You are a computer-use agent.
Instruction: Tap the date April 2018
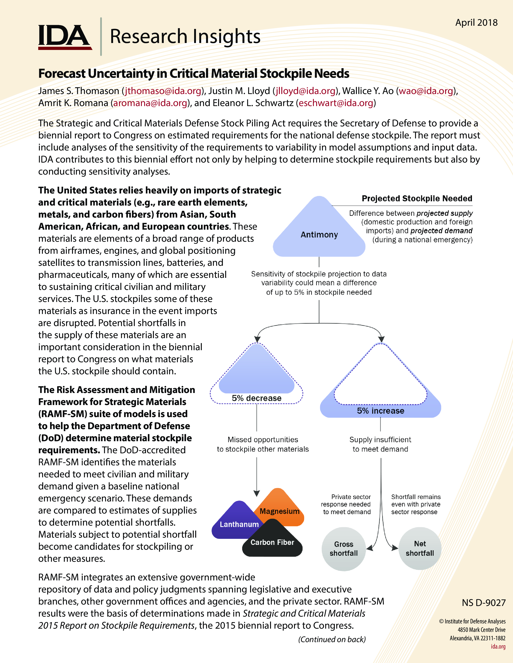(x=476, y=23)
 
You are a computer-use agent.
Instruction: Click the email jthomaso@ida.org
(x=163, y=91)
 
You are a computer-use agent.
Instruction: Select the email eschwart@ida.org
(x=336, y=103)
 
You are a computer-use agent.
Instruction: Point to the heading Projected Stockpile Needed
(x=417, y=198)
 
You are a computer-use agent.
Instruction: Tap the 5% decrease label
(x=256, y=398)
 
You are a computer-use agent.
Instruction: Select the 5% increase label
(x=380, y=411)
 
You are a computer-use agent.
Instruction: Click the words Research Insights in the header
(x=185, y=36)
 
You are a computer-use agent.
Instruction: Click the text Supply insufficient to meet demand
(x=380, y=444)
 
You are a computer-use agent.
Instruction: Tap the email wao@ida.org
(x=426, y=91)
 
